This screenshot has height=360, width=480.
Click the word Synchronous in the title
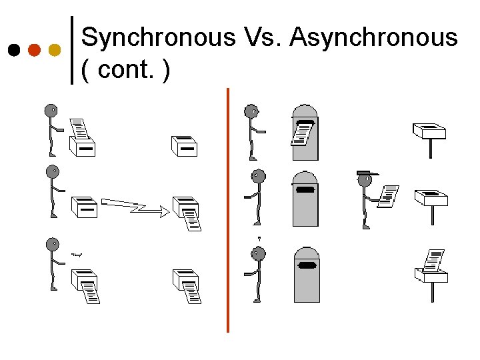[158, 38]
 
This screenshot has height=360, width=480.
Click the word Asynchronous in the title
[374, 38]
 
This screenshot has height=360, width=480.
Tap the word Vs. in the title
[263, 38]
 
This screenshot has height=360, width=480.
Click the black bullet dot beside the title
[13, 50]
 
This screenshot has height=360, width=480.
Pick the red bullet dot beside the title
[34, 50]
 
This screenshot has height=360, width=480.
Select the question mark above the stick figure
[259, 238]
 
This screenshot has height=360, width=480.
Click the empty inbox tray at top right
[429, 129]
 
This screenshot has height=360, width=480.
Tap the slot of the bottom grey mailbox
[307, 266]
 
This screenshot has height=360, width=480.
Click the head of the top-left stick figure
[51, 111]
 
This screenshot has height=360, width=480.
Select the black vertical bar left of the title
[72, 50]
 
